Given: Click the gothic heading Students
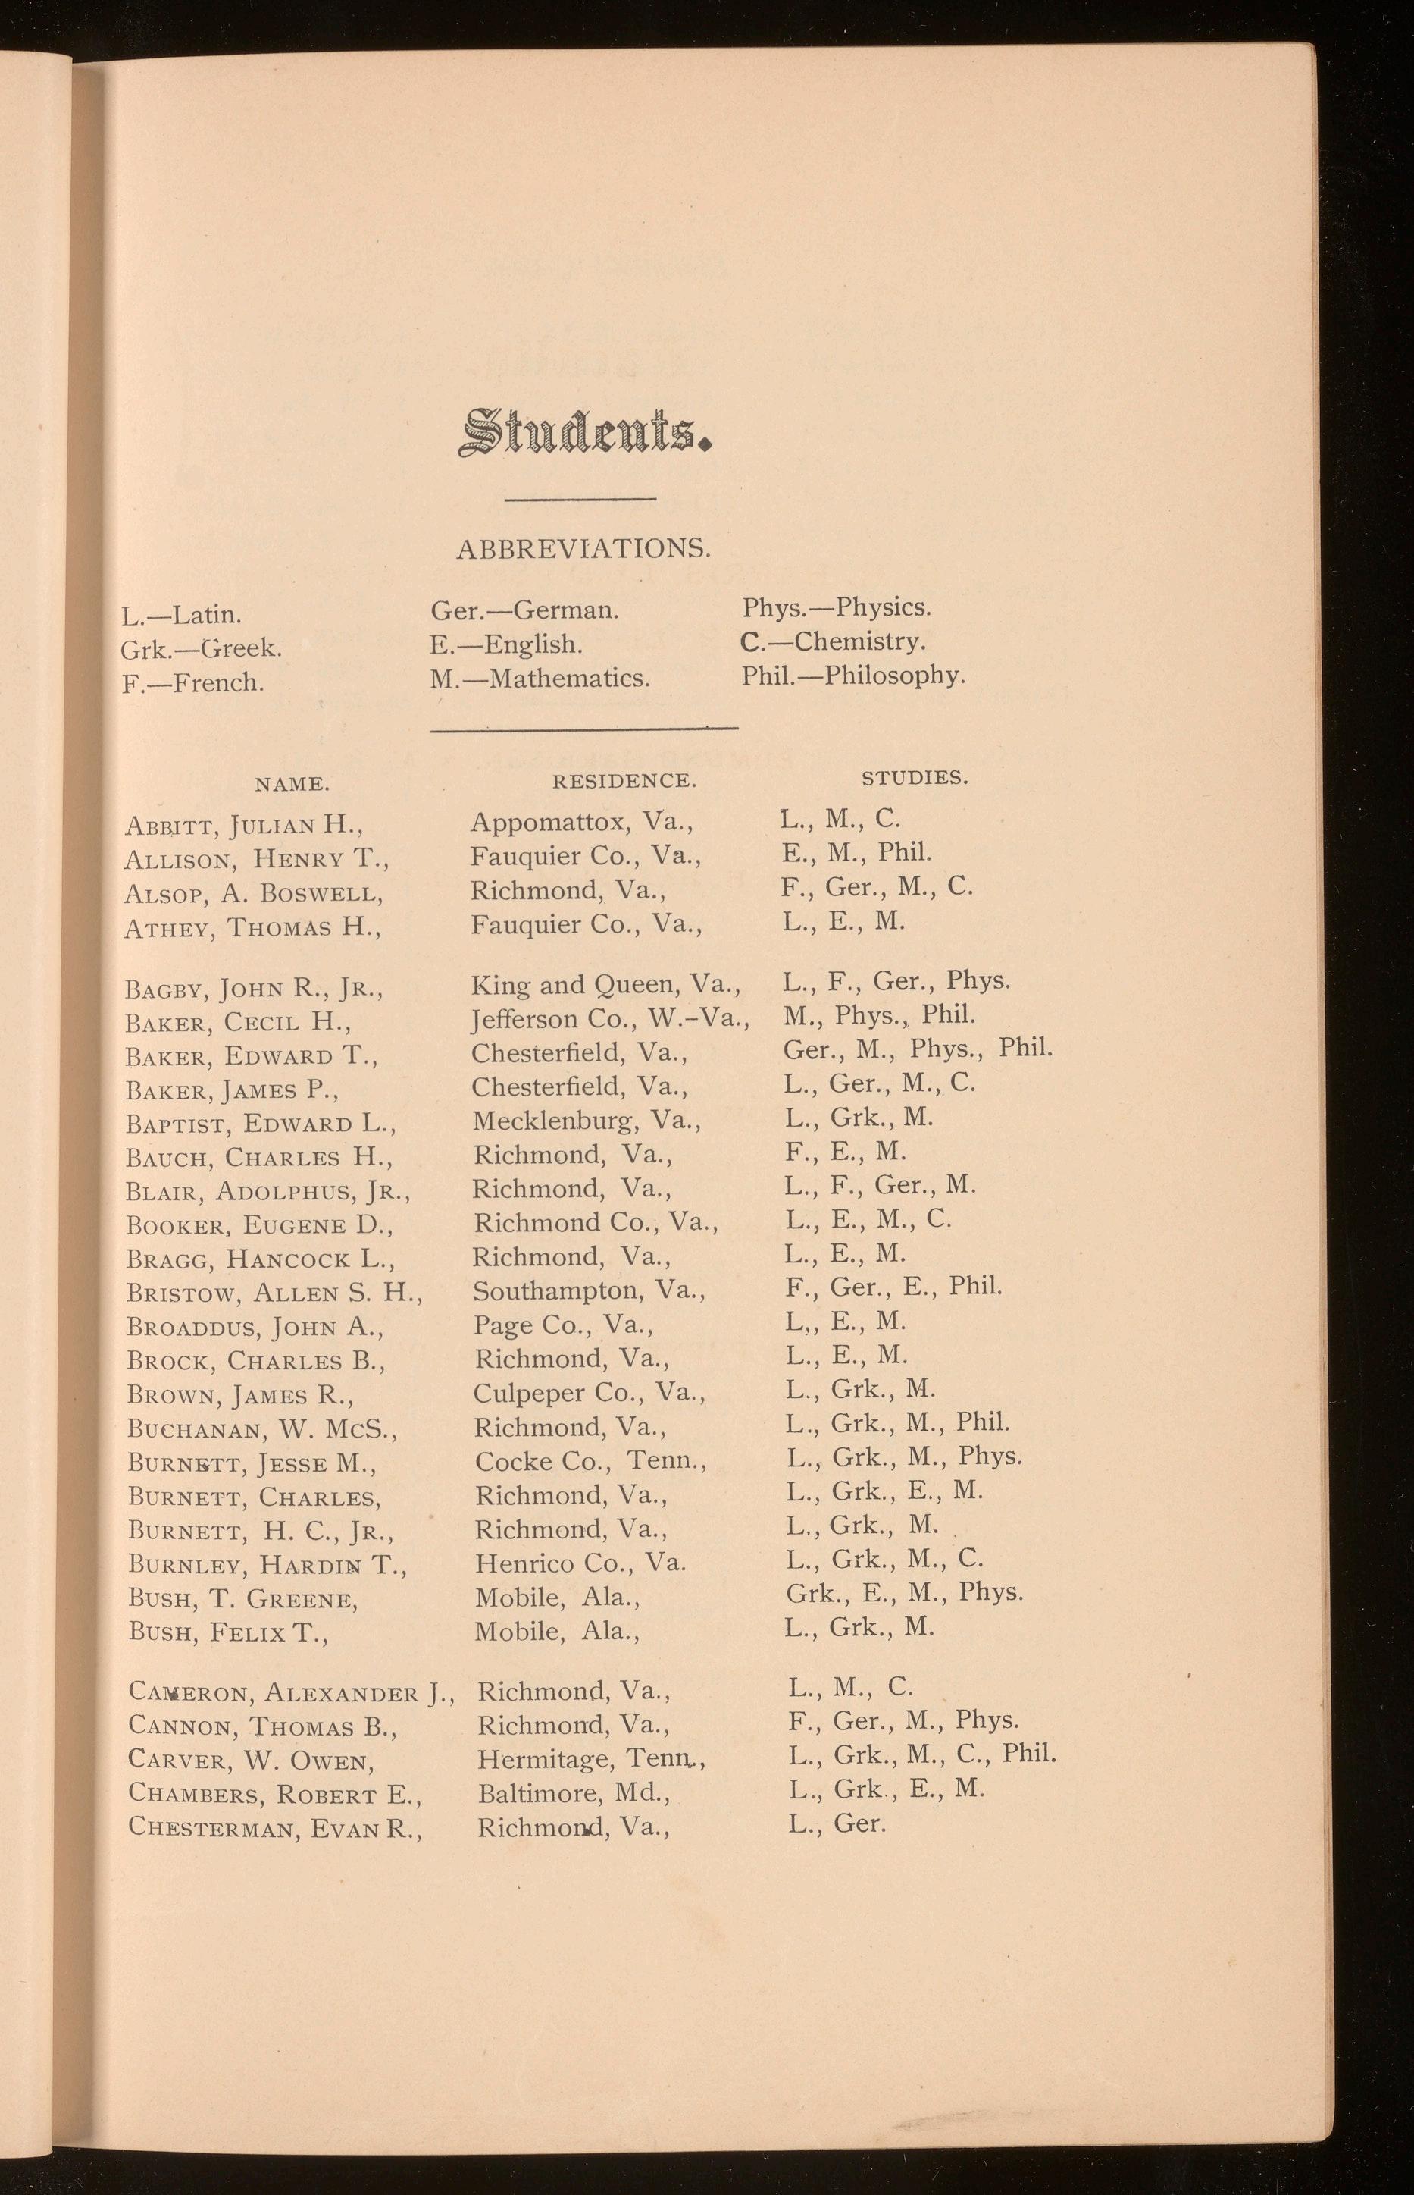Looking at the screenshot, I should click(585, 434).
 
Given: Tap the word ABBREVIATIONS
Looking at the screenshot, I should click(584, 549).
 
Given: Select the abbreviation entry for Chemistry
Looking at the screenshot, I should click(834, 641).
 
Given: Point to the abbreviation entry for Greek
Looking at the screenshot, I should click(201, 648).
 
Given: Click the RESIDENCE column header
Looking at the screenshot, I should click(624, 782).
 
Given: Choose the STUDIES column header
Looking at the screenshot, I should click(915, 778).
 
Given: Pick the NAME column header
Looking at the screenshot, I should click(292, 784).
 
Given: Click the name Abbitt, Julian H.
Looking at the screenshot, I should click(244, 825).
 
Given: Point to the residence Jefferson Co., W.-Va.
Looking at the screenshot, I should click(611, 1018).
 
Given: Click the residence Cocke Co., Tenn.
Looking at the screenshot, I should click(590, 1461).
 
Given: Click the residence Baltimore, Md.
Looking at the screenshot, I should click(574, 1792).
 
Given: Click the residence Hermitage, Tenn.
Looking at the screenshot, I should click(591, 1759).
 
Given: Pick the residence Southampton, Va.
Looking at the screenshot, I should click(590, 1290).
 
